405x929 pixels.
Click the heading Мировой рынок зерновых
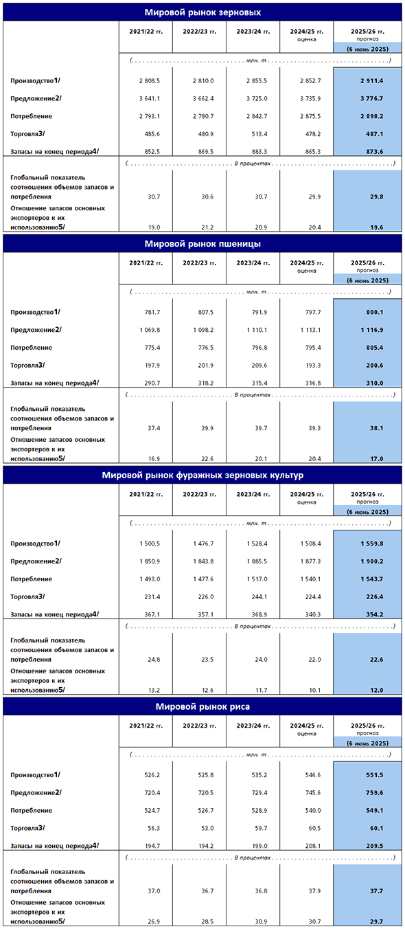(202, 12)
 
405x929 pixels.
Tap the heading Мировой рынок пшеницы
(202, 244)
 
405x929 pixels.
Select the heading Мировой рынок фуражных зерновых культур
(202, 475)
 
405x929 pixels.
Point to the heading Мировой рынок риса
(202, 706)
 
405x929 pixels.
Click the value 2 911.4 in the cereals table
(371, 81)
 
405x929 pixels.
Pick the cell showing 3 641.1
(150, 99)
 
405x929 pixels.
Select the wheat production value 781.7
(152, 312)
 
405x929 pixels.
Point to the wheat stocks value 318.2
(206, 383)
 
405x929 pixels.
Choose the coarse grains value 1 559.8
(371, 544)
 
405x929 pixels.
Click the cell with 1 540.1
(310, 579)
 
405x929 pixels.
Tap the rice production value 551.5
(374, 775)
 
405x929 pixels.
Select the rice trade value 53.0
(207, 828)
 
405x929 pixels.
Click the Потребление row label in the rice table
(31, 810)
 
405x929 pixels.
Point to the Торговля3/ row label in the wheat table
(27, 366)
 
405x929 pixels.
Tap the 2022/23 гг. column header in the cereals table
(199, 32)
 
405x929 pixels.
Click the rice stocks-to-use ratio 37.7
(376, 891)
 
